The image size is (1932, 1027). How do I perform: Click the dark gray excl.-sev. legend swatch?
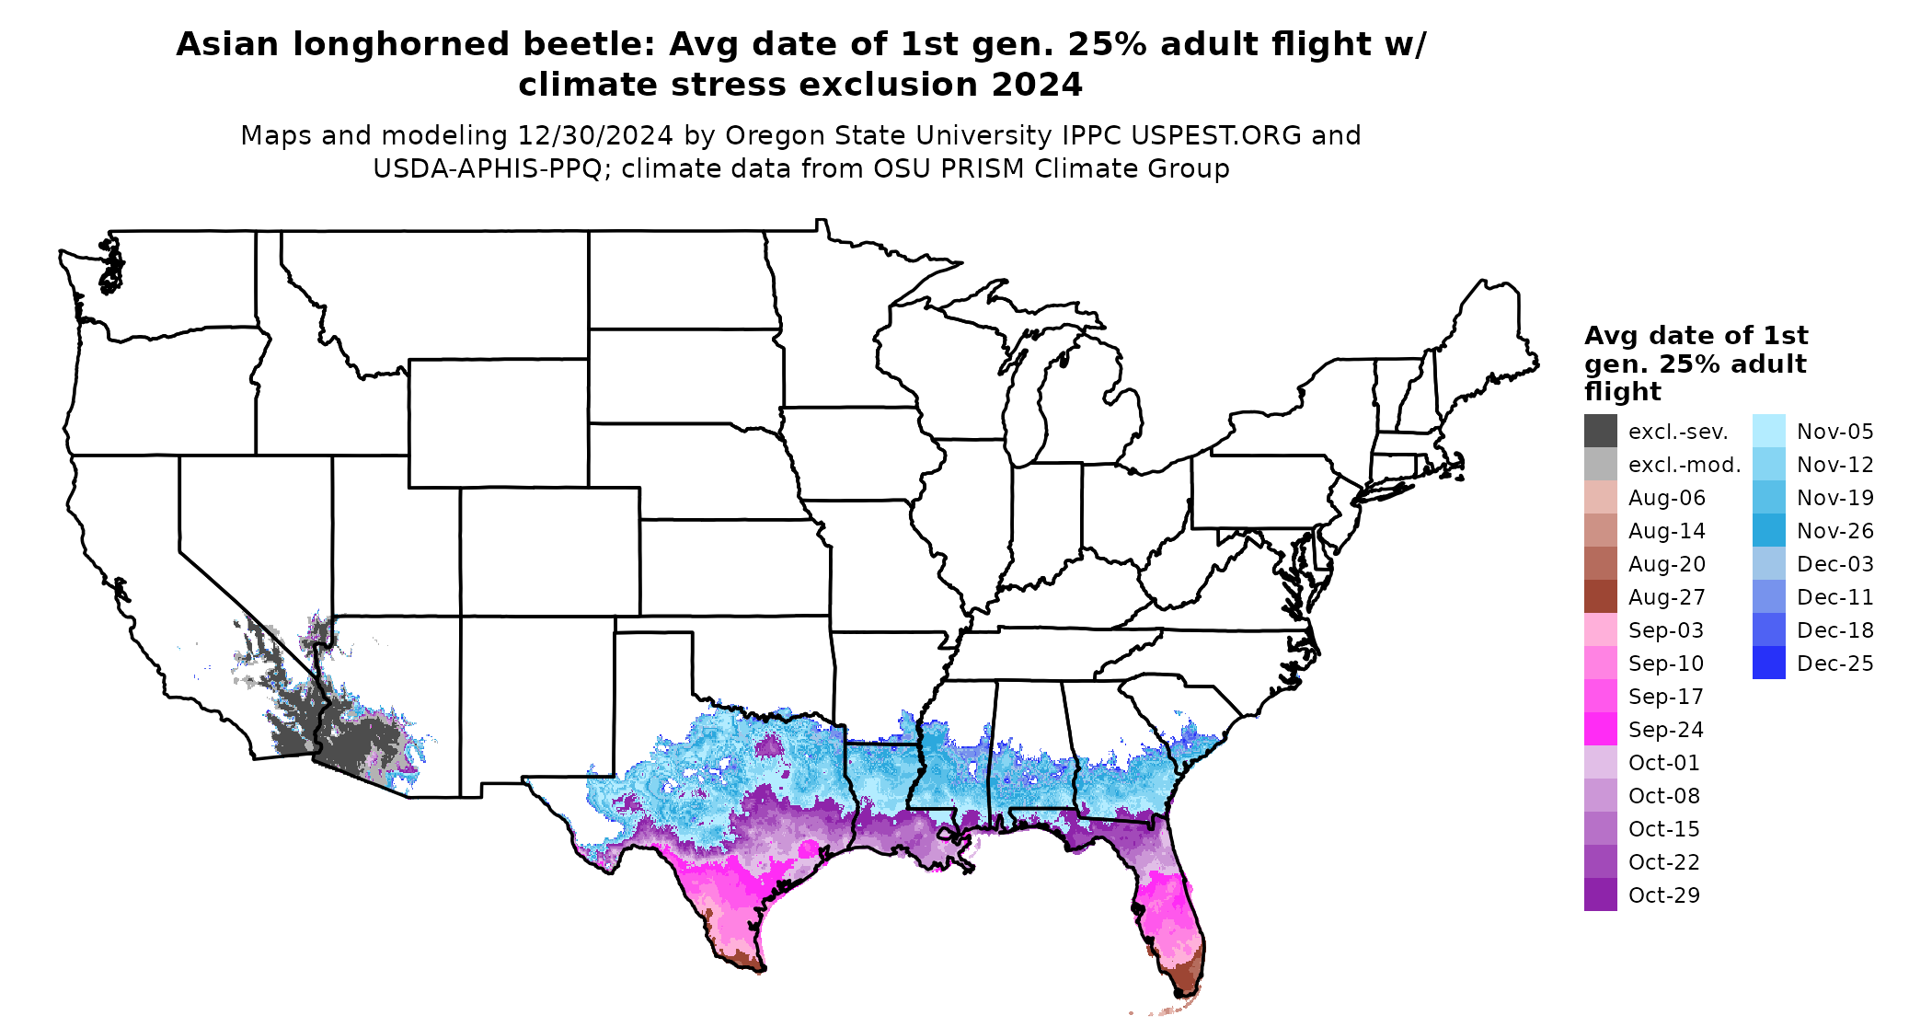1600,431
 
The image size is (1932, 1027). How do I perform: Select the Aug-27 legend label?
1666,597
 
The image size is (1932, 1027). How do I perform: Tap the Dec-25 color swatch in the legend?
1768,663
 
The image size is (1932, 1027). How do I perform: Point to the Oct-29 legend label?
1663,895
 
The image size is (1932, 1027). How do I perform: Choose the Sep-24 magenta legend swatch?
1600,729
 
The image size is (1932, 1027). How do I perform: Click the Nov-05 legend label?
1834,432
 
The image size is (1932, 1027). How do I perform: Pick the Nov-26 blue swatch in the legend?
1768,530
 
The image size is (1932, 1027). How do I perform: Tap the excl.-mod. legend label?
1684,465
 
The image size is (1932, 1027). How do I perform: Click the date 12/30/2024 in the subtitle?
595,135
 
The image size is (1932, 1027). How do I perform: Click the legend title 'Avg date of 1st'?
1696,335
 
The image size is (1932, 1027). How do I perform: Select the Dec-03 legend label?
1834,564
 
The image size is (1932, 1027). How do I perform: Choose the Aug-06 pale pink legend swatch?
1600,497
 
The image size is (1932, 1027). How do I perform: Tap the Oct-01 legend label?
1663,763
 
